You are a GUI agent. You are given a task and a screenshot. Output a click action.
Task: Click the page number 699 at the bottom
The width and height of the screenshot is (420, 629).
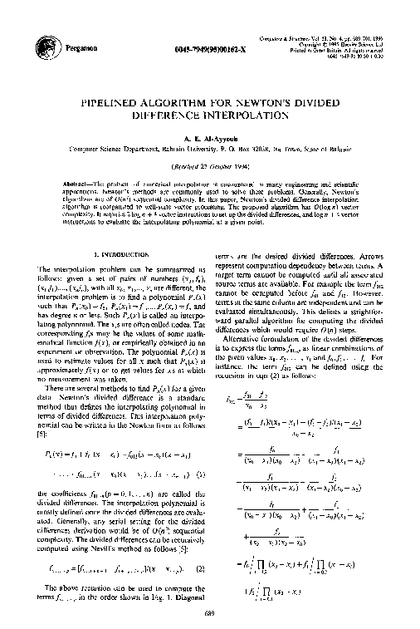pyautogui.click(x=209, y=613)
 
